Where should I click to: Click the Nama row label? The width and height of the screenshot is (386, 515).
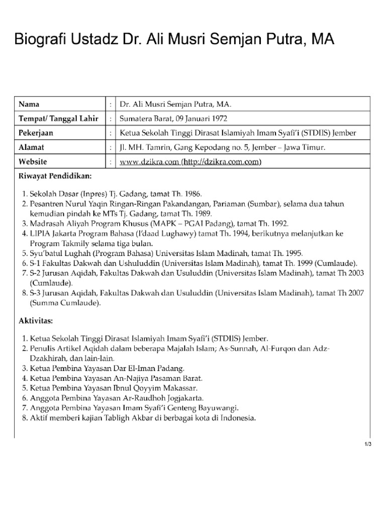pos(29,104)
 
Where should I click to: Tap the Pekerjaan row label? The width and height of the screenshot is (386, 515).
pos(36,133)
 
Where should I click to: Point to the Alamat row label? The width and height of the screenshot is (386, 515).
pos(31,147)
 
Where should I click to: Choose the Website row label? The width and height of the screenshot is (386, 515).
pos(33,161)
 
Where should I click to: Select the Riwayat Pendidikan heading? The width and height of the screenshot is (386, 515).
pos(55,177)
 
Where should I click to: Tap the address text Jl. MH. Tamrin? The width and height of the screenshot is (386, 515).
pos(145,147)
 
